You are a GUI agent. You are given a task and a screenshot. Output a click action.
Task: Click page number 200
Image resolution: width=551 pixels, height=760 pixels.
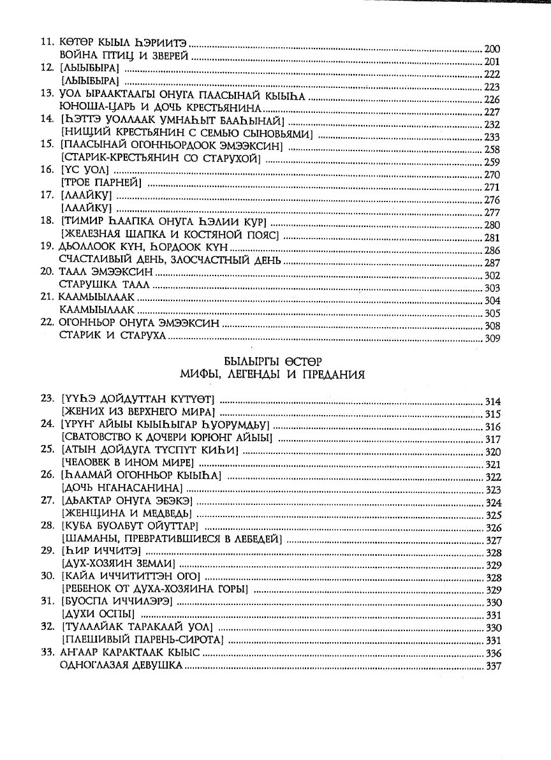tap(492, 49)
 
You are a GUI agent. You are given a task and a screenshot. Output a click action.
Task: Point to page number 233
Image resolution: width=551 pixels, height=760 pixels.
tap(492, 136)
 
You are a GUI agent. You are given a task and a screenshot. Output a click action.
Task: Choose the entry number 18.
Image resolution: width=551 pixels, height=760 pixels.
tap(46, 221)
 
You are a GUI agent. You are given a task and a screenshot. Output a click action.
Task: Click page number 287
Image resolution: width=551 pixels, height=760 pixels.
tap(492, 263)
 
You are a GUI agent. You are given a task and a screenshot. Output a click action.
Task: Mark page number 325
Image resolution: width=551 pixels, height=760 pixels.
tap(493, 515)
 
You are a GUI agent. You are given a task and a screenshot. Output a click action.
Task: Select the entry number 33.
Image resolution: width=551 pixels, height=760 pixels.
tap(46, 652)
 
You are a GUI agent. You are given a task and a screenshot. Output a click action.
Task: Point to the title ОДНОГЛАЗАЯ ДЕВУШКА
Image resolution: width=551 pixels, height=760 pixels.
tap(121, 665)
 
